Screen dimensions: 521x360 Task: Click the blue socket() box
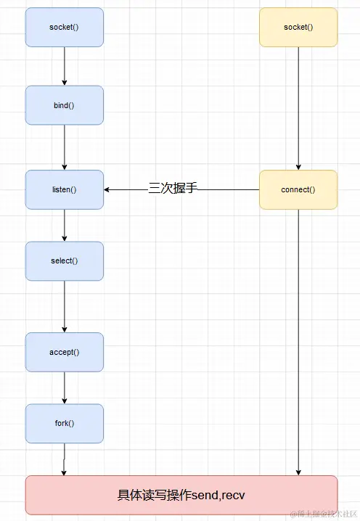pos(65,28)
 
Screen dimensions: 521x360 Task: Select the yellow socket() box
pos(298,28)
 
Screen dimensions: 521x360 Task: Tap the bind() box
pos(65,105)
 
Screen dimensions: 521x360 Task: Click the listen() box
pos(65,189)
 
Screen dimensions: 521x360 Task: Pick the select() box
pos(65,261)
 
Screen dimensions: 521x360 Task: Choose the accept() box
pos(65,352)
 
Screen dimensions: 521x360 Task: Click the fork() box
pos(65,424)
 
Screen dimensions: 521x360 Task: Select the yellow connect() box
pos(298,189)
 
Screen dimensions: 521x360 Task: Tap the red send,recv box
pos(181,496)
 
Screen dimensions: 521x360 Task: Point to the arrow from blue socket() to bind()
pos(65,66)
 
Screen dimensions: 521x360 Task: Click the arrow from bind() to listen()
pos(65,147)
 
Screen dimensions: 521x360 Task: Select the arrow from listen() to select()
pos(65,225)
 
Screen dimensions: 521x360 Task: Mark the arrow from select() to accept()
pos(65,306)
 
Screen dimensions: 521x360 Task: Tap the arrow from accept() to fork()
pos(65,387)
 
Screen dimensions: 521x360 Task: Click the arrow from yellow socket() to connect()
pos(298,108)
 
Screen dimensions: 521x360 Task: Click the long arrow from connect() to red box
pos(298,341)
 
